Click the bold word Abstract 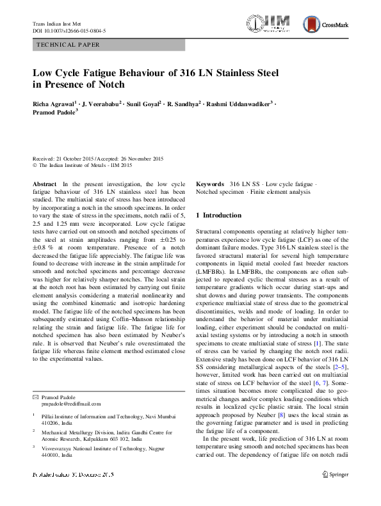tap(44, 184)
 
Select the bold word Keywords tap(210, 184)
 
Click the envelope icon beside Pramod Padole tap(35, 397)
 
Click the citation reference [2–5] tap(339, 364)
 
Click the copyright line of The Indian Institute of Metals tap(82, 164)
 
